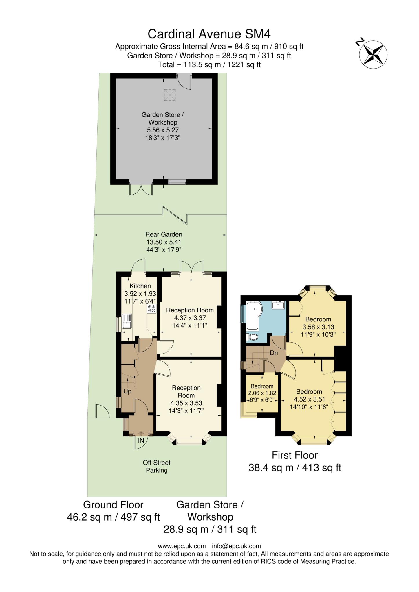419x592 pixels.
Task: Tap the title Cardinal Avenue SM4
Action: [209, 34]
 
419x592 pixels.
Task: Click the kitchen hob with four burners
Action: [152, 308]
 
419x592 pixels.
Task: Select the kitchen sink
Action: [127, 321]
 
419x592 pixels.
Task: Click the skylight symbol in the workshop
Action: [170, 95]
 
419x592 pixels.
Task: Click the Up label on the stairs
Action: [127, 391]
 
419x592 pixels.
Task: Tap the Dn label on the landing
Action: [274, 353]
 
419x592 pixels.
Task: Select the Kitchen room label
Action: [140, 286]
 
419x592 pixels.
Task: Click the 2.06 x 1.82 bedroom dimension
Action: [262, 393]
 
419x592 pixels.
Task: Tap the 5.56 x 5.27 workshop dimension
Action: [162, 130]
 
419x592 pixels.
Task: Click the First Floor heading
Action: [295, 455]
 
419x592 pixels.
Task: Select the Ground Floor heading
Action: [113, 505]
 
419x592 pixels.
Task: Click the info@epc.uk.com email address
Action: [236, 546]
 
